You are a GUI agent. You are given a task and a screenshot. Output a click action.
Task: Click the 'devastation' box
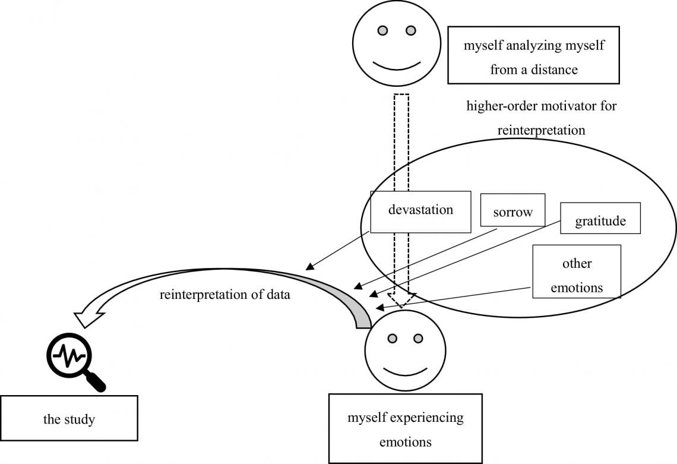tap(420, 212)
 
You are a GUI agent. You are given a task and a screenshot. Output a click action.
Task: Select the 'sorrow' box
tap(513, 210)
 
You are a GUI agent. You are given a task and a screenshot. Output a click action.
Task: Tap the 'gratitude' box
tap(600, 218)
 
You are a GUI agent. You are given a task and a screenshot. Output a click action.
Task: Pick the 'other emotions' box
tap(577, 272)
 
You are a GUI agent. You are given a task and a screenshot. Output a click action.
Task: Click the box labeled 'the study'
tap(69, 418)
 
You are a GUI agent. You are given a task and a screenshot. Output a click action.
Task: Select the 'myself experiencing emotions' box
tap(406, 428)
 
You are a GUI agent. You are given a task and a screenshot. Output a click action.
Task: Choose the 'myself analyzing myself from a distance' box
tap(534, 55)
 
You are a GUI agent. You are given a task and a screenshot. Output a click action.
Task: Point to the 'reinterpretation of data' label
tap(225, 295)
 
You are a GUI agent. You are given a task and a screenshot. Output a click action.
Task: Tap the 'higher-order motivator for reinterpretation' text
tap(542, 118)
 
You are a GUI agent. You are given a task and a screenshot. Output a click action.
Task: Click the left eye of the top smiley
tap(382, 30)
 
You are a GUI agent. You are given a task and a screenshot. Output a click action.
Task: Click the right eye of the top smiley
tap(411, 30)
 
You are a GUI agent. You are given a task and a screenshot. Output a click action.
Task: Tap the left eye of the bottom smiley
tap(392, 338)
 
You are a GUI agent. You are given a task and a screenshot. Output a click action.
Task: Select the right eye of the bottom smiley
tap(418, 338)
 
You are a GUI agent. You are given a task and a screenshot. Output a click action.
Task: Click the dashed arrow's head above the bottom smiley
tap(401, 301)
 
